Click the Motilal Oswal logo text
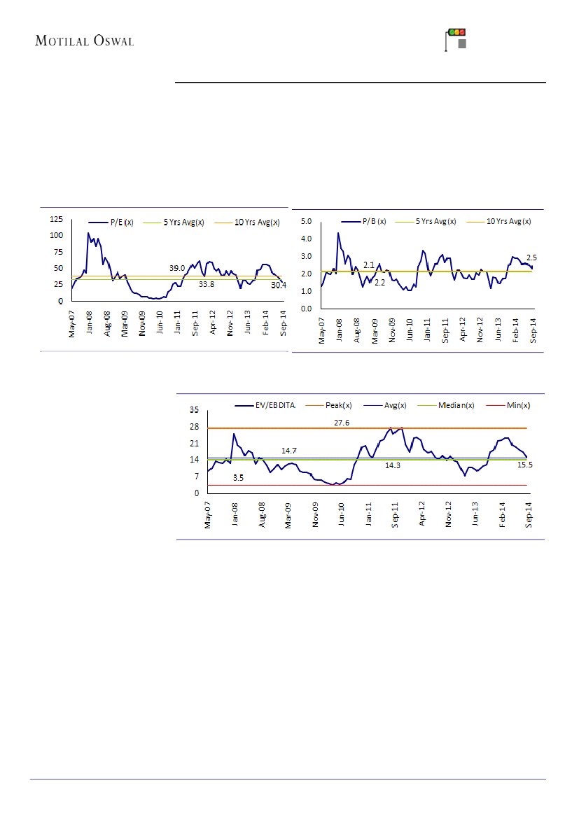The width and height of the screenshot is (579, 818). click(84, 41)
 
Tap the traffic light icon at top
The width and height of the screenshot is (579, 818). click(456, 40)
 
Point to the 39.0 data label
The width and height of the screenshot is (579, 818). click(177, 268)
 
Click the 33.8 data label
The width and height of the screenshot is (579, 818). click(206, 285)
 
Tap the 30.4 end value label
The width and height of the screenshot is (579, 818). click(278, 285)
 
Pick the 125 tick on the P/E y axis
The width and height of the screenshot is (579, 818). click(55, 218)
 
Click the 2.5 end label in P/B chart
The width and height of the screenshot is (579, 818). click(532, 258)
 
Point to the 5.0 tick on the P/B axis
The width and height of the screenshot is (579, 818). click(306, 221)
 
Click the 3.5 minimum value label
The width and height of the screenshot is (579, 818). click(238, 478)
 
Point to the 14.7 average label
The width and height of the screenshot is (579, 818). click(289, 451)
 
